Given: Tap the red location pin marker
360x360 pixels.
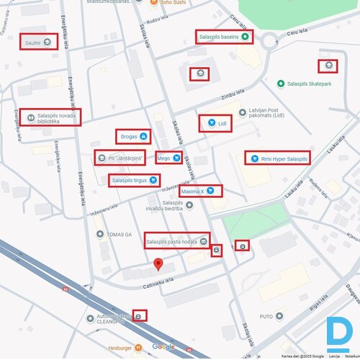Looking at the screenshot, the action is pyautogui.click(x=158, y=264).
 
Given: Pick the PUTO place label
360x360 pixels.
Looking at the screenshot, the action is pyautogui.click(x=266, y=316).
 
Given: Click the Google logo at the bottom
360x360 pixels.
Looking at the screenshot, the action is pyautogui.click(x=163, y=346).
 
